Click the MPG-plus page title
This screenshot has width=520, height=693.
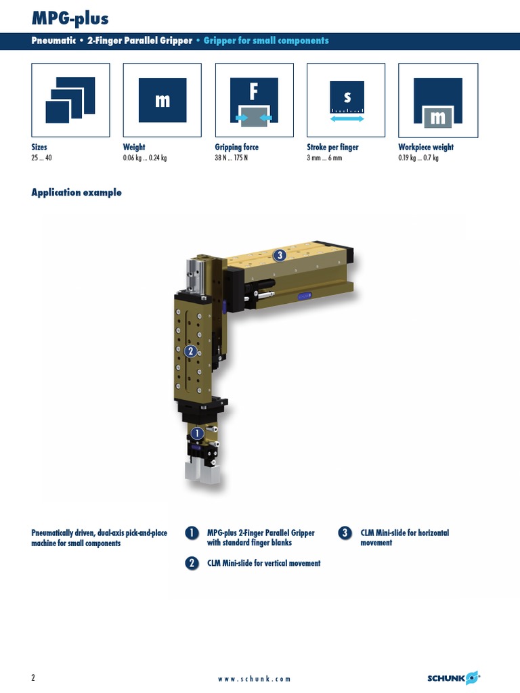70,18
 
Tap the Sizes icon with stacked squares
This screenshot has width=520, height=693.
70,100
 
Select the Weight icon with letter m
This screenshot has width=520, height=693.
162,100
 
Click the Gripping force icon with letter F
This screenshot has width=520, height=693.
255,100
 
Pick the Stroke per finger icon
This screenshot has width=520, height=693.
346,100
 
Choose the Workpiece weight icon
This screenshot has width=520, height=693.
438,100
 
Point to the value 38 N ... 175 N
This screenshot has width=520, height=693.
232,158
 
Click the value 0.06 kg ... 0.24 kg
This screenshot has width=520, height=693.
145,158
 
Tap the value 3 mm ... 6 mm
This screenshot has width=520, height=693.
324,158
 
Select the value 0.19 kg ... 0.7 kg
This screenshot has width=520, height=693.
418,158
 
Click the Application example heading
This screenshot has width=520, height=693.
77,192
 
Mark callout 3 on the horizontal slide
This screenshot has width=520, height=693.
280,255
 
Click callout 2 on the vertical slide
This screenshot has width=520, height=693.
190,351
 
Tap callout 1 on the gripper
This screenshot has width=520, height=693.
197,434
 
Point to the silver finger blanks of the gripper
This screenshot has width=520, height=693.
202,472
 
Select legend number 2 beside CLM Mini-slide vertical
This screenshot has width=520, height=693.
192,563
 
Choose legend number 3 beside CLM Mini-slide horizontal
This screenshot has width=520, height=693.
345,533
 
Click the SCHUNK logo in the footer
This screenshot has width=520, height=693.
454,678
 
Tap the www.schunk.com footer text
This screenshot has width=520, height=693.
255,679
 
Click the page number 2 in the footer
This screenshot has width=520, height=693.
33,677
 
